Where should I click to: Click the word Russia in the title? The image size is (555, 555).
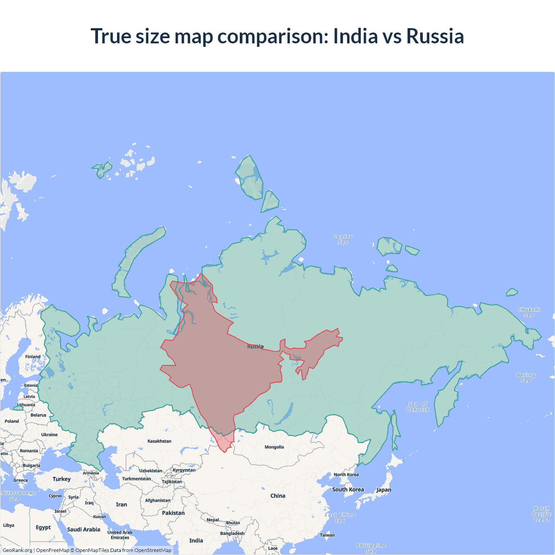tap(435, 36)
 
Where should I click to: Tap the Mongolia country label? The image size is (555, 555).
tap(274, 447)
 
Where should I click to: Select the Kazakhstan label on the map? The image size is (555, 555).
tap(159, 441)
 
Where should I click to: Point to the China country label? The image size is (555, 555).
tap(277, 496)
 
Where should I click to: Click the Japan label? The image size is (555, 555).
tap(383, 490)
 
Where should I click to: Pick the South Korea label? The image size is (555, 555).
tap(348, 490)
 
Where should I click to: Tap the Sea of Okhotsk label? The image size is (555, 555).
tap(417, 407)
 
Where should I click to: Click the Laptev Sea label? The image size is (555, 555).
tap(343, 239)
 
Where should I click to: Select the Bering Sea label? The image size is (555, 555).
tap(526, 378)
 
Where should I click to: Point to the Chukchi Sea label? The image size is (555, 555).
tap(529, 312)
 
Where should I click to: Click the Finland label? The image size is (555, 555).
tap(33, 357)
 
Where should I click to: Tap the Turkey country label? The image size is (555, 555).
tap(62, 479)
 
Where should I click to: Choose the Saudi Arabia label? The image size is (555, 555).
tap(84, 529)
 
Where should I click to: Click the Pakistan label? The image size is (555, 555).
tap(173, 513)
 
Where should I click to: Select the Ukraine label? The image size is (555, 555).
tap(49, 434)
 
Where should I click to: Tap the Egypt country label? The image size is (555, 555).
tap(43, 527)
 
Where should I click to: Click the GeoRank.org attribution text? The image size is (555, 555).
tap(17, 550)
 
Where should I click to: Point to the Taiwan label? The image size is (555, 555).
tap(327, 535)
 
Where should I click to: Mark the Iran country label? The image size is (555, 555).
tap(121, 505)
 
